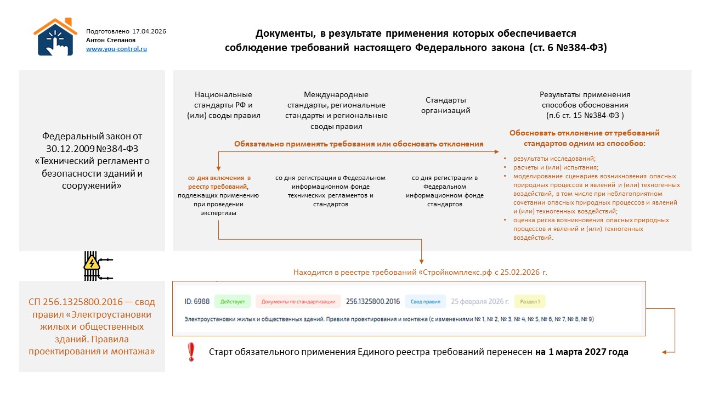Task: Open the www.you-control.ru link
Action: (116, 49)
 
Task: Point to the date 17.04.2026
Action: (149, 31)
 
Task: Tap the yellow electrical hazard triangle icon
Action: (91, 263)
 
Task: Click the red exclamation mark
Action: (191, 352)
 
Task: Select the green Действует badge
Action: (233, 301)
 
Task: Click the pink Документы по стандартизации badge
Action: (298, 301)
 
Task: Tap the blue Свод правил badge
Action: (426, 301)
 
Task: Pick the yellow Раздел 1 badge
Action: (530, 301)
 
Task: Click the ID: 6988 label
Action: (197, 301)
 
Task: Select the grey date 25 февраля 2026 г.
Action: (480, 301)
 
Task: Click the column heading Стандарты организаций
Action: (446, 105)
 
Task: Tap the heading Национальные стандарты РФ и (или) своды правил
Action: (223, 105)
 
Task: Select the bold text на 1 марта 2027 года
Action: (582, 352)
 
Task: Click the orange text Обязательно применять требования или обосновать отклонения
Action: (359, 144)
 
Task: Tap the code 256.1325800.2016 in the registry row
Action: (373, 301)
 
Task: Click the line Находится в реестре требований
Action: (420, 272)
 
